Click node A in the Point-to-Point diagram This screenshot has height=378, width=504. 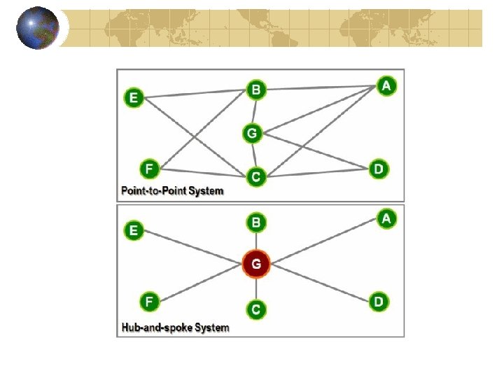click(x=386, y=85)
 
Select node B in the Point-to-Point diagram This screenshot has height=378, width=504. click(x=256, y=90)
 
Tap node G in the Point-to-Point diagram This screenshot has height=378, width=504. click(x=253, y=132)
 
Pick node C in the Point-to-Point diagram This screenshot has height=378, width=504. click(x=256, y=177)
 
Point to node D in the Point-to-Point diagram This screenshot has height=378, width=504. click(x=378, y=169)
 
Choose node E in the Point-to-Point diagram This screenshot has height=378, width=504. click(x=134, y=98)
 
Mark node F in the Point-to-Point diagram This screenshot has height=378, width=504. click(x=148, y=169)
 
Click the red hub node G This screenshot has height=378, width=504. click(x=256, y=265)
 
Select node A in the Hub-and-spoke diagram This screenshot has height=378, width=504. click(x=386, y=218)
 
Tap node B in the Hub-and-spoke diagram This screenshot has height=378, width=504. click(x=256, y=223)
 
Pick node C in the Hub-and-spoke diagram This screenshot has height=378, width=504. click(x=256, y=309)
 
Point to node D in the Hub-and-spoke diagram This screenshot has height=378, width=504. click(x=378, y=302)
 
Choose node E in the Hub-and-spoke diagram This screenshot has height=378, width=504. click(x=134, y=230)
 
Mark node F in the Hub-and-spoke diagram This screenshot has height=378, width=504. click(x=148, y=302)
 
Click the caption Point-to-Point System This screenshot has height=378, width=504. click(x=172, y=190)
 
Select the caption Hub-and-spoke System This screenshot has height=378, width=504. click(x=175, y=327)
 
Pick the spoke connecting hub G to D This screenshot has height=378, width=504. click(x=318, y=283)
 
